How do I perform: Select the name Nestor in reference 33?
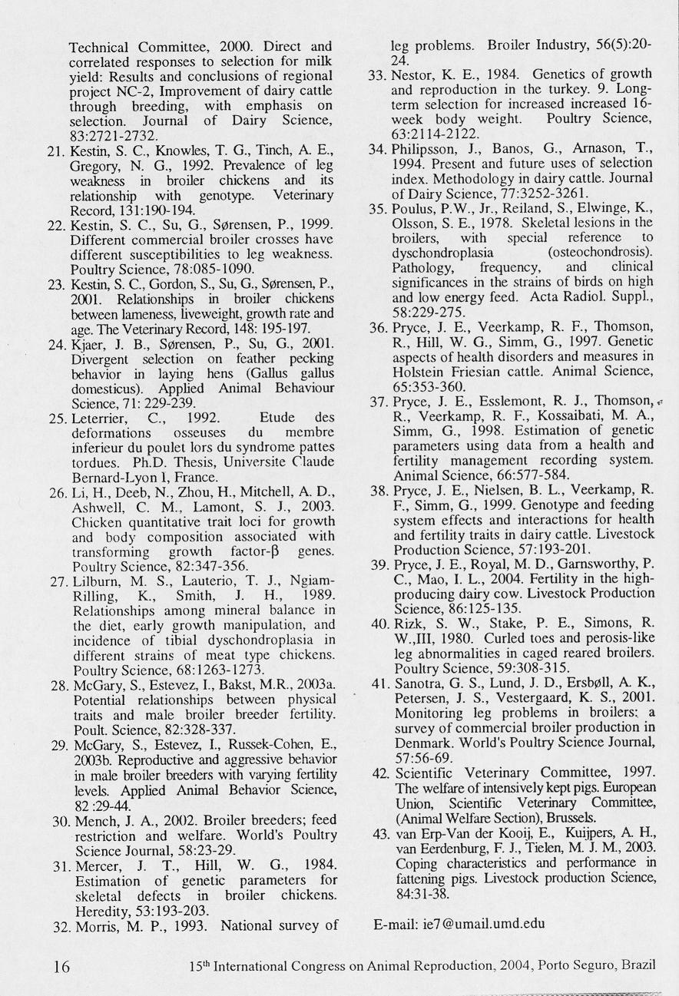point(413,74)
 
